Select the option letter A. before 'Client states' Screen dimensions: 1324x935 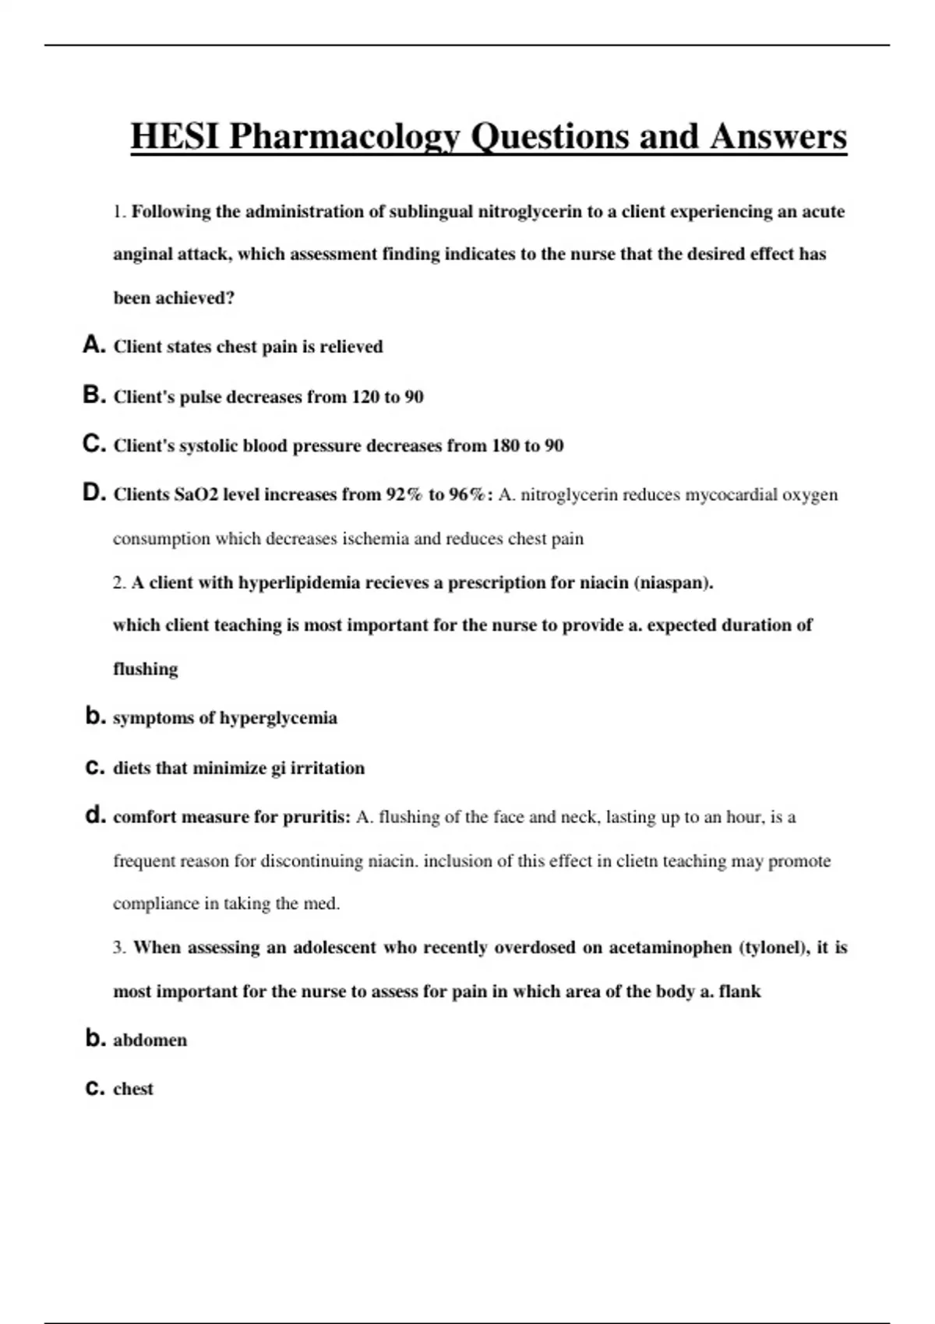pos(93,345)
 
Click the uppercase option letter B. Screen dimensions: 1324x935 pos(93,396)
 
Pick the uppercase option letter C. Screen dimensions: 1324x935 pos(93,445)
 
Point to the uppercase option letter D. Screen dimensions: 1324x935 pos(93,493)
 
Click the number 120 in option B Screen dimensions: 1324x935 pos(365,397)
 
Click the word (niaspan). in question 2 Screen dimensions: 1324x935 pos(674,583)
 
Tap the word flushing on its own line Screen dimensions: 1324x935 pos(146,669)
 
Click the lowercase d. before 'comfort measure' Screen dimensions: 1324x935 pos(95,816)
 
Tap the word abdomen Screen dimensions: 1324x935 pos(150,1041)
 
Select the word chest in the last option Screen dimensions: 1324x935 pos(133,1089)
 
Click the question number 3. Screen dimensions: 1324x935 pos(118,948)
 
